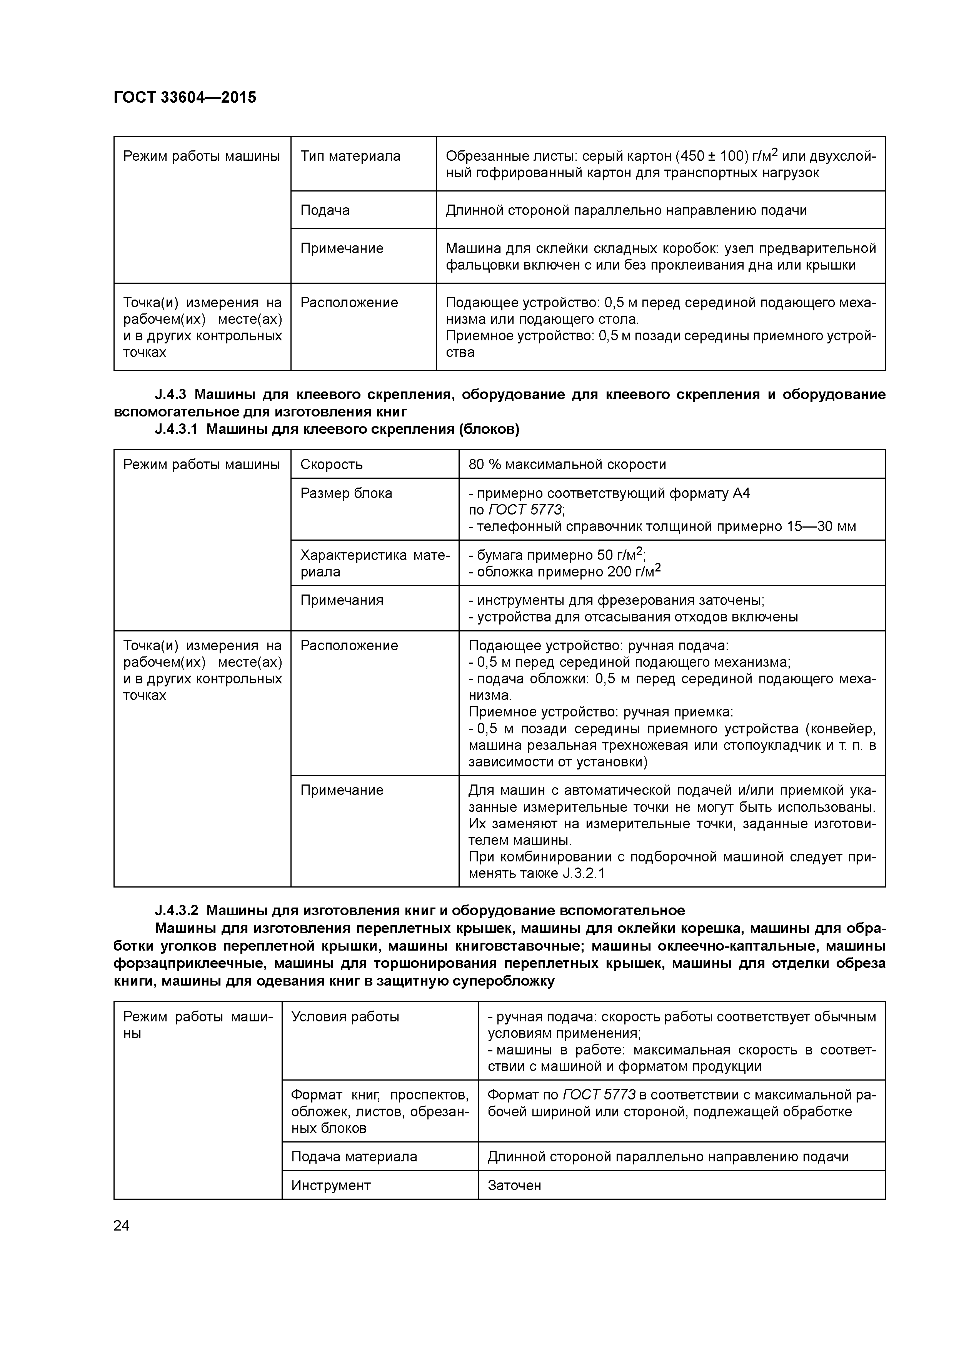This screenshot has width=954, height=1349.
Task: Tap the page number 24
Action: [x=121, y=1226]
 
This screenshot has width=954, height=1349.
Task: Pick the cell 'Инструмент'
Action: [x=331, y=1186]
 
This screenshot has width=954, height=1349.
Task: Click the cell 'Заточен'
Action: [x=514, y=1186]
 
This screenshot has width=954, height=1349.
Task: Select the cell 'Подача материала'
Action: [x=354, y=1157]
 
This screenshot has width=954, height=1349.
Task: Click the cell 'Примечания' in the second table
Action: [x=342, y=600]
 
